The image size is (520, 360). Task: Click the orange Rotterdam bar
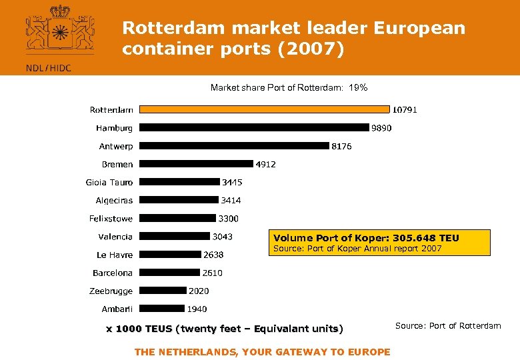(265, 109)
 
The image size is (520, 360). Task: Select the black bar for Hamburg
(254, 127)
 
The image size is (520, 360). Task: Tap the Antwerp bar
(235, 145)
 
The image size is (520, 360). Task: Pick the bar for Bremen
(197, 163)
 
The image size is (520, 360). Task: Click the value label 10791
(405, 109)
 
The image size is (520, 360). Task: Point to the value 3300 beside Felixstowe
(229, 219)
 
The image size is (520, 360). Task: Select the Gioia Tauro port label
(109, 182)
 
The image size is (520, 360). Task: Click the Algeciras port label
(114, 200)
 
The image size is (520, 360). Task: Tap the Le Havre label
(115, 255)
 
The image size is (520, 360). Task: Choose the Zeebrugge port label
(111, 291)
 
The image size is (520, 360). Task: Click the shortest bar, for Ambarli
(162, 308)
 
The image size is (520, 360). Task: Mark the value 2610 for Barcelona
(213, 273)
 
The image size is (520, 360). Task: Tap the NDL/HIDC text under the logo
(48, 67)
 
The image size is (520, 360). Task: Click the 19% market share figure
(359, 87)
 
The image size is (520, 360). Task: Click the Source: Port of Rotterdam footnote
(448, 325)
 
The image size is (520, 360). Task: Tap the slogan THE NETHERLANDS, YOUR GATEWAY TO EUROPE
(262, 352)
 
